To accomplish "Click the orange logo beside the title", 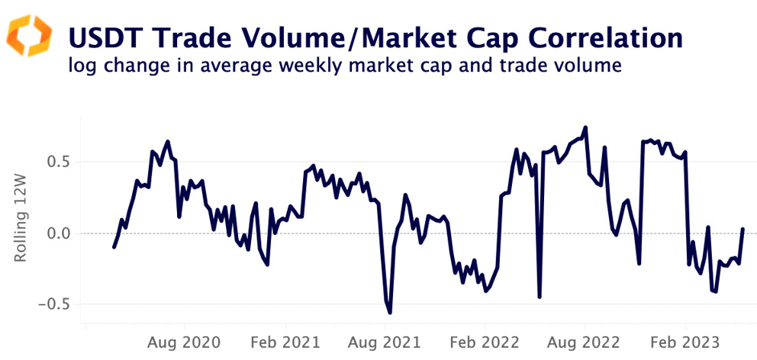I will click(x=29, y=35).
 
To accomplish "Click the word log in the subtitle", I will click(x=80, y=66).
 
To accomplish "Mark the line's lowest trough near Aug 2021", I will click(x=390, y=313).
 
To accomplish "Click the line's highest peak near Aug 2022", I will click(x=585, y=127).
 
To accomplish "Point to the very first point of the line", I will click(x=114, y=247).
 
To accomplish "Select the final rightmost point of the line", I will click(x=743, y=229).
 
